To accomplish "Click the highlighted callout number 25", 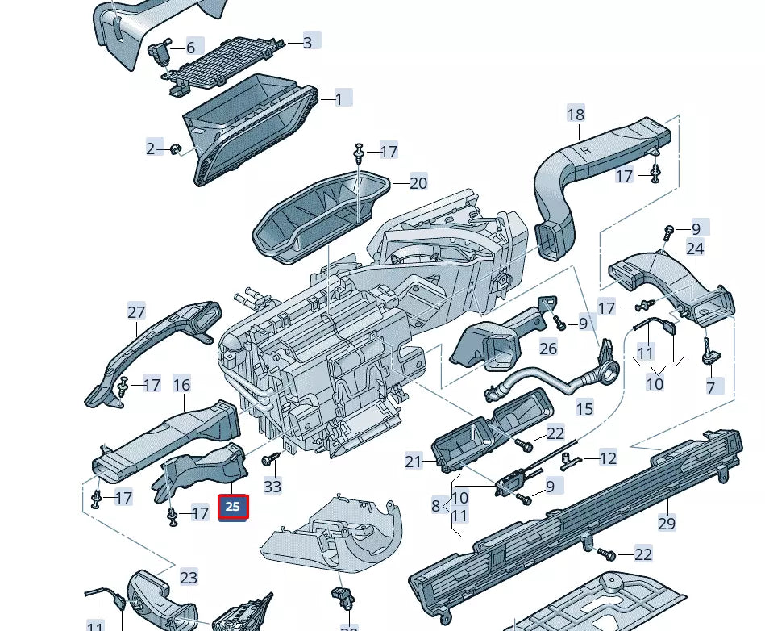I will [232, 507].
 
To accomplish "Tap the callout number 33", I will [272, 486].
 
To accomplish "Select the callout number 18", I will [576, 115].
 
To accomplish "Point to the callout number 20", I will [418, 183].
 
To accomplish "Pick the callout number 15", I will [584, 410].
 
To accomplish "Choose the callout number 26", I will [548, 349].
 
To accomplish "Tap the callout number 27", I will [136, 311].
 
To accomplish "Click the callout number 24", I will [695, 249].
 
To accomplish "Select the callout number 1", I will [339, 99].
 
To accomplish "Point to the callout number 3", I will [307, 42].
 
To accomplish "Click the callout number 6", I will [190, 48].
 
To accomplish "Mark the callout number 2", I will [150, 148].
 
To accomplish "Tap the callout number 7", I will [711, 388].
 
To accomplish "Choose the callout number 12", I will [608, 458].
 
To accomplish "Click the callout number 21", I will [414, 462].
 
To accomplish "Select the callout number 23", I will [188, 578].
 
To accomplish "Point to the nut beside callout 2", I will [174, 148].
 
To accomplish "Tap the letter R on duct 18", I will [585, 151].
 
